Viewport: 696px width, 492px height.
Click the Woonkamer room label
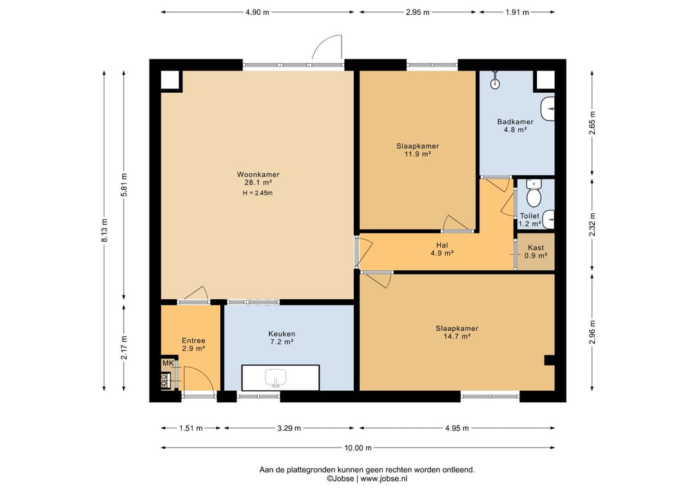tap(258, 175)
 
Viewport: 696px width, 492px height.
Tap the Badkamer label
tap(515, 122)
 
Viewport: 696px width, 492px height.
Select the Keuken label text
tap(282, 334)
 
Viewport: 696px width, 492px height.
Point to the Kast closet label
tap(536, 248)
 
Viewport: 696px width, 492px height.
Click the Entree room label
tap(193, 341)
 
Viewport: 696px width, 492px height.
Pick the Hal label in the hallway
tap(441, 245)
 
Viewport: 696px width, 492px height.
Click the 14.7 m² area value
tap(457, 337)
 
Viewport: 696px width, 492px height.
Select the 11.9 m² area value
tap(418, 154)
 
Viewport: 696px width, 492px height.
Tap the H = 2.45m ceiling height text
tap(257, 193)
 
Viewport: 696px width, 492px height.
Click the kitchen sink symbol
tap(275, 378)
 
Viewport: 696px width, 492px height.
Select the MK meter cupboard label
tap(168, 363)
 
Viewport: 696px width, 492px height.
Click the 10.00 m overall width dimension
tap(358, 448)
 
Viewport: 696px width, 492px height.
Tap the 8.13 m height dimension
tap(104, 231)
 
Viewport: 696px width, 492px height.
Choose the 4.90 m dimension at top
tap(257, 12)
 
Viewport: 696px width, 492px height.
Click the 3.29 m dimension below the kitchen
tap(289, 428)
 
